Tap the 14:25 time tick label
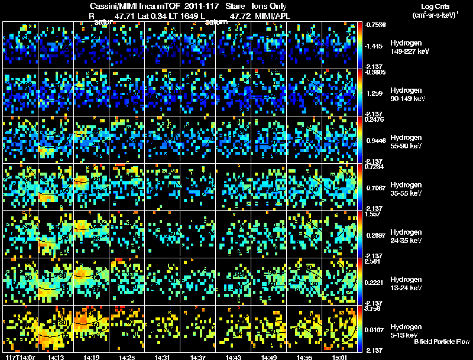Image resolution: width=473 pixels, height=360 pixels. click(126, 357)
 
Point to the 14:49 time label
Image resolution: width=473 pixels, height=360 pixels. click(269, 357)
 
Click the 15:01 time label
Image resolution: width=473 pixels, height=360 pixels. click(340, 357)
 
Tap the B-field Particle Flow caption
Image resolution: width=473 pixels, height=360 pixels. click(442, 342)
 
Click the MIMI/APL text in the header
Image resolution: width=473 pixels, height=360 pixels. click(273, 15)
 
